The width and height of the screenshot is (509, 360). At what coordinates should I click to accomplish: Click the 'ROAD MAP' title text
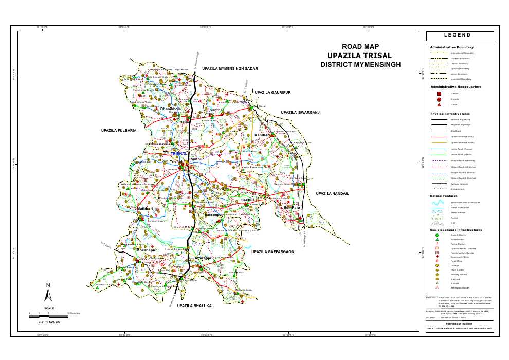tap(360, 47)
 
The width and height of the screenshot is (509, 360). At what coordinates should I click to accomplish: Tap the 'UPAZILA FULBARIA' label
tap(119, 131)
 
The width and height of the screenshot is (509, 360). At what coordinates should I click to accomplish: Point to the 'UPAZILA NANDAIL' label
tap(332, 193)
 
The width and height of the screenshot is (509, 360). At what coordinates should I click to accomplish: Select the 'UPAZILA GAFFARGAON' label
tap(272, 252)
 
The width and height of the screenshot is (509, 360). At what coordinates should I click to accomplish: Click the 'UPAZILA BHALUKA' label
tap(194, 306)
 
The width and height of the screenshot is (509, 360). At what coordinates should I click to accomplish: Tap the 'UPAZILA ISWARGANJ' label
tap(300, 112)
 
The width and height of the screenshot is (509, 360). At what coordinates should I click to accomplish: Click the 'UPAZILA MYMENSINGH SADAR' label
tap(229, 68)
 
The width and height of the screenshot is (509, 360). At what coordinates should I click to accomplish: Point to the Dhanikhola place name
tap(171, 109)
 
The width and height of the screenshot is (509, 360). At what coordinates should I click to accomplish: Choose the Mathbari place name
tap(145, 208)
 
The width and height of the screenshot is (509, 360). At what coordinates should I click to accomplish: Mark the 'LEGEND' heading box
tap(460, 36)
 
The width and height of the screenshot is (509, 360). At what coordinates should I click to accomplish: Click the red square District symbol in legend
tap(439, 93)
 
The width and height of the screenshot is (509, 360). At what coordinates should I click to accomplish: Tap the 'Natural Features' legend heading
tap(444, 196)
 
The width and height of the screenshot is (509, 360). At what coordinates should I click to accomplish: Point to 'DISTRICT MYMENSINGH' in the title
tap(360, 65)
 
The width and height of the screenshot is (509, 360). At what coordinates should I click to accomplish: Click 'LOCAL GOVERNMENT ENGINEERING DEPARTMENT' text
tap(459, 328)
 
